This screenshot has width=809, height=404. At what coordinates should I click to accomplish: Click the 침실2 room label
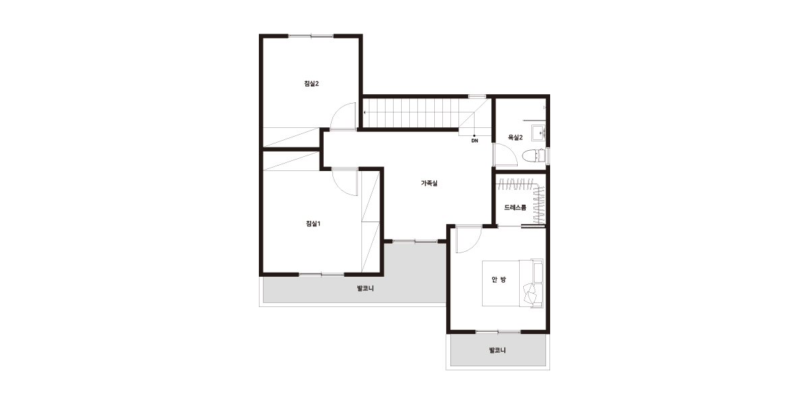click(311, 83)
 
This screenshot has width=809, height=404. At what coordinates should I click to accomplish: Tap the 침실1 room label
click(313, 224)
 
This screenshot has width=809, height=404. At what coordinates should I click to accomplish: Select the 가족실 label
click(429, 183)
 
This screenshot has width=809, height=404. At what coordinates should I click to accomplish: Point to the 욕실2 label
click(515, 137)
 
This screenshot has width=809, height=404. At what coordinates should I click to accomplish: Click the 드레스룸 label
click(515, 207)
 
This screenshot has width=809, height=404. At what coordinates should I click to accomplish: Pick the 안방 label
click(499, 279)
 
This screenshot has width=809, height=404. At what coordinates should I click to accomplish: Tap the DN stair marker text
click(475, 141)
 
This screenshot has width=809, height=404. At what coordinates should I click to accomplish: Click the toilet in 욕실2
click(534, 156)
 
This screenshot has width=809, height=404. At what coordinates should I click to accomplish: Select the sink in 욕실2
click(539, 132)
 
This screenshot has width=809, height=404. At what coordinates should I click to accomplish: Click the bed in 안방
click(512, 283)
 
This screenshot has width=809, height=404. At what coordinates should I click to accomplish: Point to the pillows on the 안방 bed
click(531, 292)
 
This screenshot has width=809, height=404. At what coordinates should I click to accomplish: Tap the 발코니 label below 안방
click(498, 350)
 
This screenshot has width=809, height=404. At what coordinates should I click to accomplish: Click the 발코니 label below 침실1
click(365, 289)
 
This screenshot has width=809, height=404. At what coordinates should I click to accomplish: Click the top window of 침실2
click(311, 36)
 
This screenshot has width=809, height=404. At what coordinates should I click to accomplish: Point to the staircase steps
click(411, 112)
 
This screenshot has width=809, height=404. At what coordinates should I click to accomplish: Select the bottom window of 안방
click(498, 332)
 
